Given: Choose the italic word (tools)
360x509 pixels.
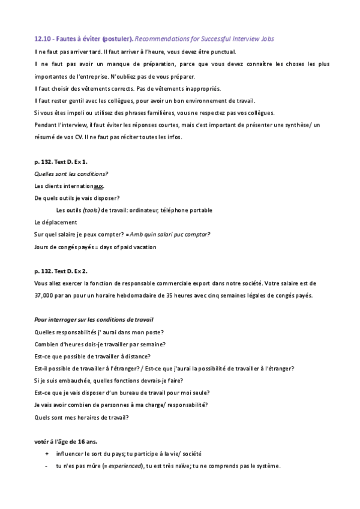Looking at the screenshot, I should point(91,210).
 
